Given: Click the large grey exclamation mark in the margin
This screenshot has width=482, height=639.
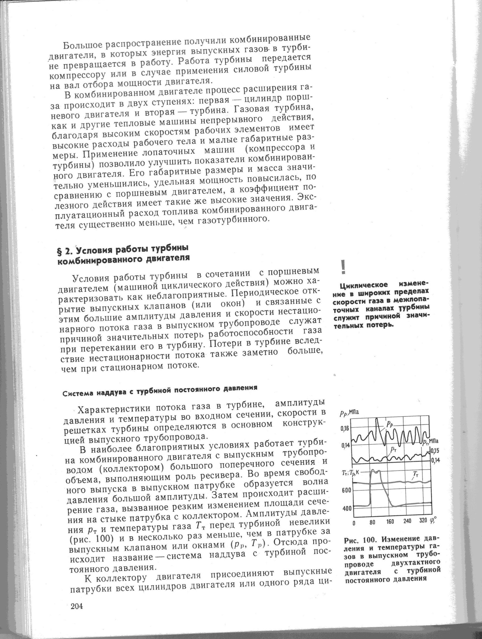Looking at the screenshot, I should (x=343, y=267).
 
